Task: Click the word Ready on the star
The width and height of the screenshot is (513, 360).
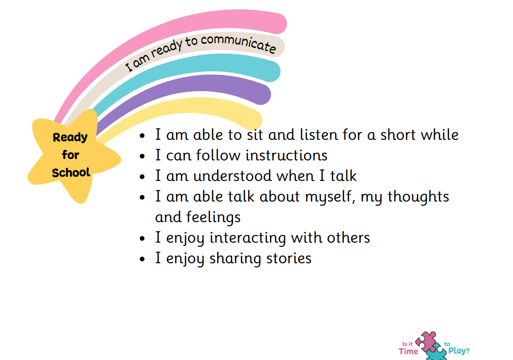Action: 70,137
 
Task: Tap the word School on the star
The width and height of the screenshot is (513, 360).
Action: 71,173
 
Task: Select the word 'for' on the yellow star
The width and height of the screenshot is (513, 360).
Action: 71,154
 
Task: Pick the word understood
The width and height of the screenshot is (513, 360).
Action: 233,176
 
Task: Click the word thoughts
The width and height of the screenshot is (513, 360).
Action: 418,196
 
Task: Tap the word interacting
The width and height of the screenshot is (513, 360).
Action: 248,238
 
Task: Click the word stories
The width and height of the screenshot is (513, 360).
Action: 289,258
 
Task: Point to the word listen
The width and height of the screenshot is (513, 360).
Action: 319,135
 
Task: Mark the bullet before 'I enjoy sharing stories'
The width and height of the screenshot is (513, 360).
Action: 142,259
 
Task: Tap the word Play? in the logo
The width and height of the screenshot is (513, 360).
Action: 459,351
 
